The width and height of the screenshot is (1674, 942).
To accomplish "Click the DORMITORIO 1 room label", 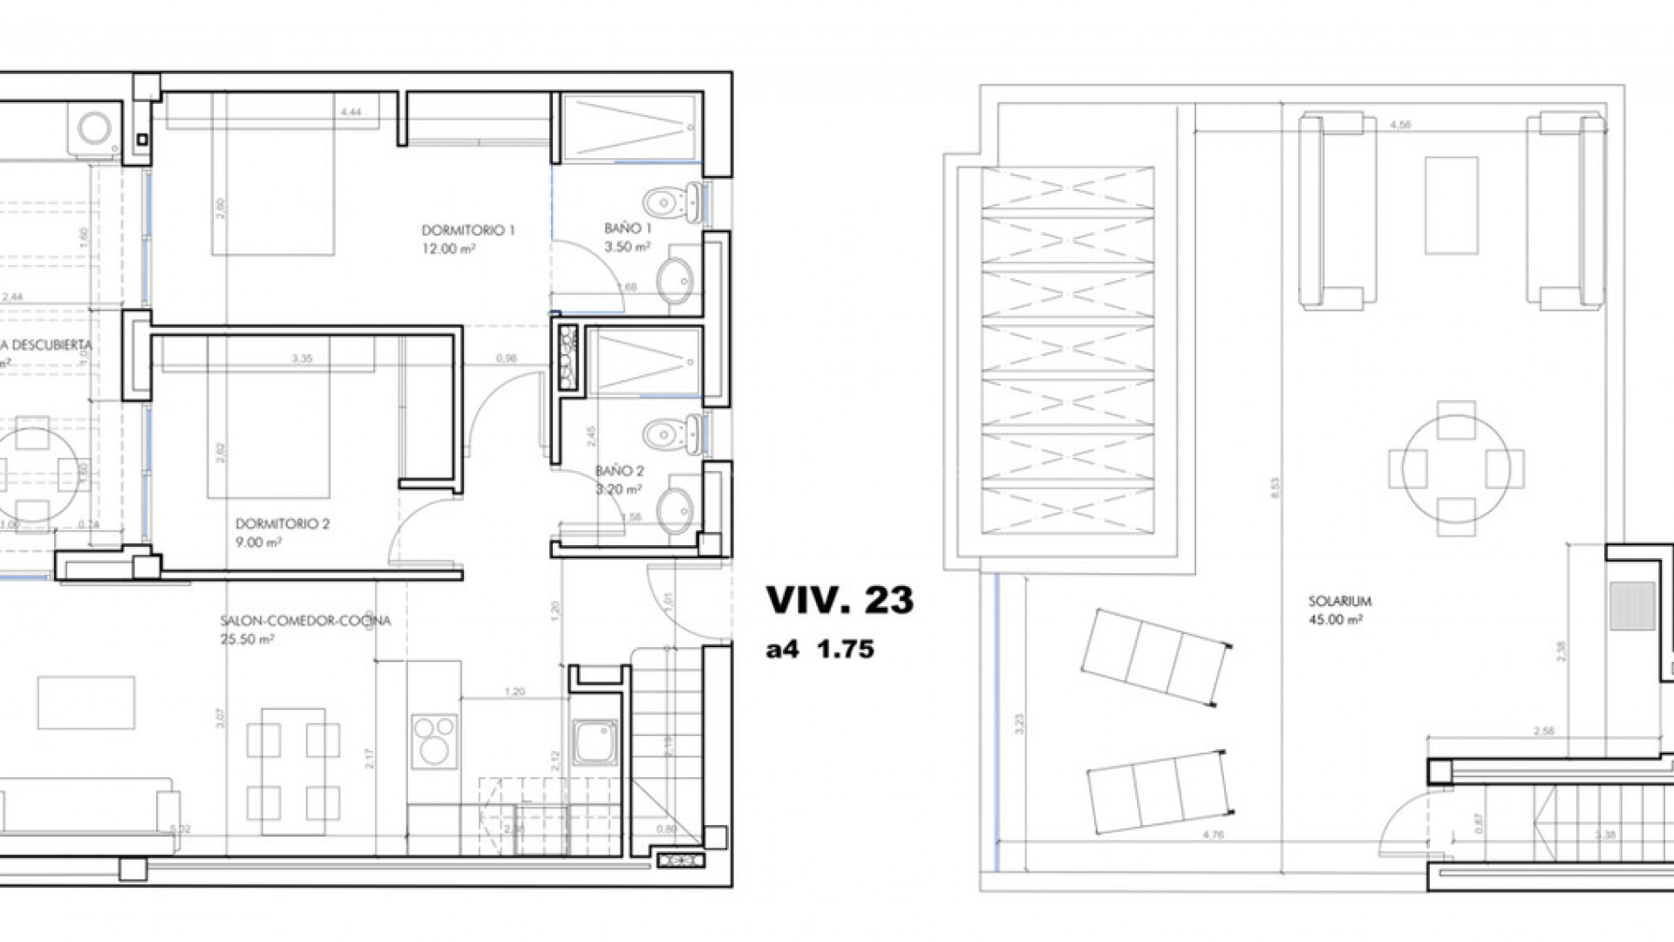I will [x=468, y=231].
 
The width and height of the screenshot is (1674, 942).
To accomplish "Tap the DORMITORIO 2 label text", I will [x=282, y=524].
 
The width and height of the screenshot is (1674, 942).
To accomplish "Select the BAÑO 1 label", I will [x=628, y=229].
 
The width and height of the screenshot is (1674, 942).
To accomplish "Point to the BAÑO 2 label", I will [x=619, y=471].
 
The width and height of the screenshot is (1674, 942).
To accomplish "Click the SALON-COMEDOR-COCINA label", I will [x=305, y=621].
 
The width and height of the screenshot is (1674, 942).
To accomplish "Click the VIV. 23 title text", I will [x=839, y=600].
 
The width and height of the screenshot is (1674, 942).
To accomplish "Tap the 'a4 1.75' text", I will [x=820, y=650].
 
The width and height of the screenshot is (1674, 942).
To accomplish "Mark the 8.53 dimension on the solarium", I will [x=1276, y=487].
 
